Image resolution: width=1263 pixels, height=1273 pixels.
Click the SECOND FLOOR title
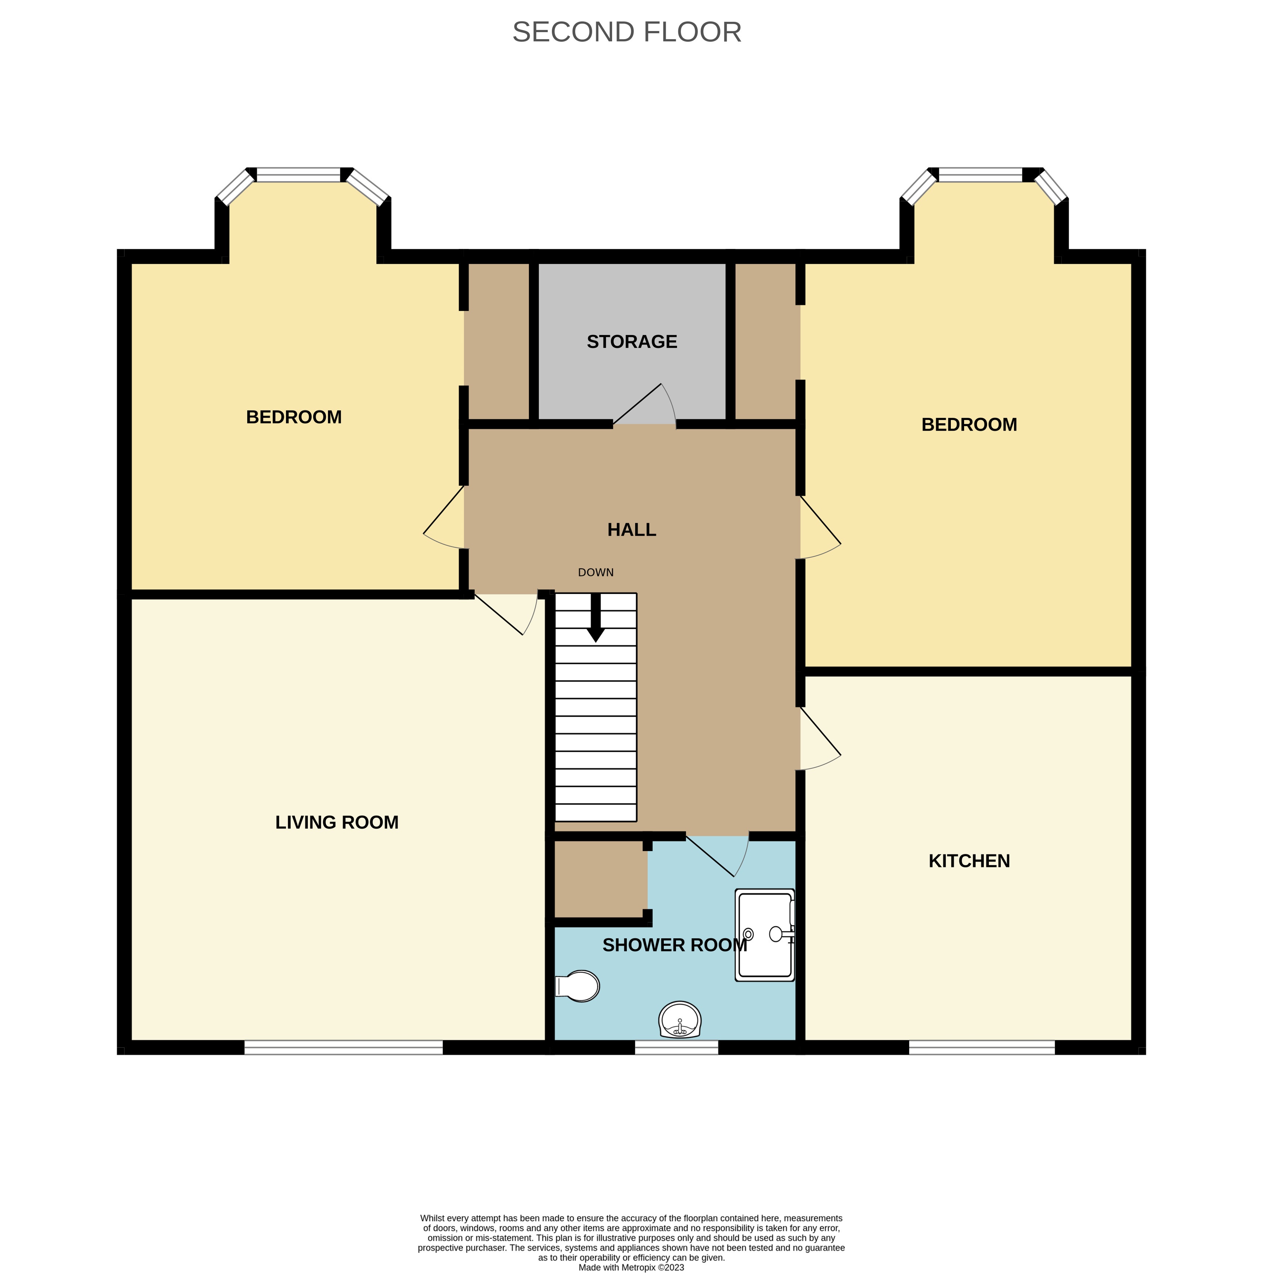627,32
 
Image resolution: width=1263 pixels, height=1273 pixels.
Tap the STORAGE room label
632,341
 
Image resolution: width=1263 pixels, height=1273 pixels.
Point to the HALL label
632,530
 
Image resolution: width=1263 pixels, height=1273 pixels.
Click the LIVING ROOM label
337,822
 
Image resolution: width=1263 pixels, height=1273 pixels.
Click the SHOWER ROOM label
675,945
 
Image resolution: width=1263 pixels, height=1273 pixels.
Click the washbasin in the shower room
679,1019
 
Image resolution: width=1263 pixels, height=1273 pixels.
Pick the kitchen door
820,738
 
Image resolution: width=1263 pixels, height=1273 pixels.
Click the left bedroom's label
294,417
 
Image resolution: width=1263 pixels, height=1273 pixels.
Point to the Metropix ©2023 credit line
631,1267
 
